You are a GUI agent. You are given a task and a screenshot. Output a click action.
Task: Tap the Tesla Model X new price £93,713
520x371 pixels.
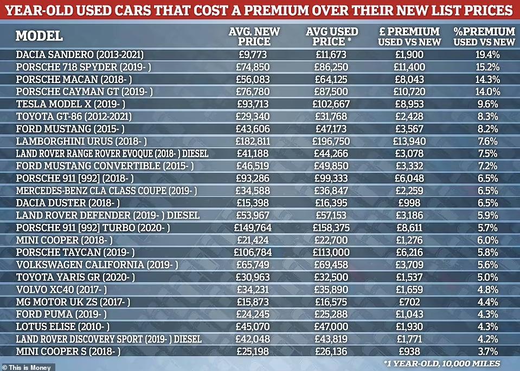(x=254, y=104)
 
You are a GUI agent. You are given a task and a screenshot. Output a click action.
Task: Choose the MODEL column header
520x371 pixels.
(x=39, y=36)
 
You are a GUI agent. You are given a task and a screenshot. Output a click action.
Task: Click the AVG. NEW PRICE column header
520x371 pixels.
(x=254, y=36)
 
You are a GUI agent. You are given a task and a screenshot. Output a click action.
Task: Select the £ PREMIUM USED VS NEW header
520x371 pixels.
(x=406, y=36)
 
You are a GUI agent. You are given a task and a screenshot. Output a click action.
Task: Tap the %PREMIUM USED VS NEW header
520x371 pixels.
(x=484, y=36)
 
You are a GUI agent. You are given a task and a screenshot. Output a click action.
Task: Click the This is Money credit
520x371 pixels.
(x=27, y=366)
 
